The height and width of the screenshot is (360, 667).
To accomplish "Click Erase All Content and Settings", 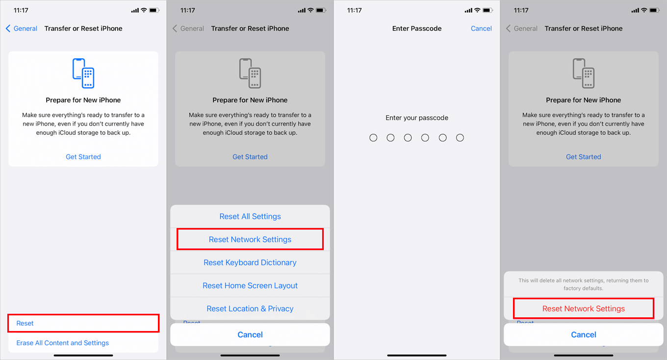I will tap(63, 343).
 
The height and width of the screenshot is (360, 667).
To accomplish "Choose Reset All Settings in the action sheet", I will tap(250, 216).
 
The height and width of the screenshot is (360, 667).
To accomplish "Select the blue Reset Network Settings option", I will tap(250, 239).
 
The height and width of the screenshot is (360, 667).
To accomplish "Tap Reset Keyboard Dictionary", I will tap(250, 262).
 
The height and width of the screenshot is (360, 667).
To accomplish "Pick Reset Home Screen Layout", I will tap(250, 285).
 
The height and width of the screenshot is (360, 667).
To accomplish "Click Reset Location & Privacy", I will tap(250, 309).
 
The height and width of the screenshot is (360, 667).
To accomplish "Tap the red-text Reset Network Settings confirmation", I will tap(584, 309).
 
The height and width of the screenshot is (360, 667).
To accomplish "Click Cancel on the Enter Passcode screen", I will tap(481, 28).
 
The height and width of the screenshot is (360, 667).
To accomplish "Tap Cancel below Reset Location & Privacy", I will tap(250, 334).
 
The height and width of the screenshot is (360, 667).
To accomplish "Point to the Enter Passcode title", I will tap(417, 28).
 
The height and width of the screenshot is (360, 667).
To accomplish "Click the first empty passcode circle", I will tap(373, 138).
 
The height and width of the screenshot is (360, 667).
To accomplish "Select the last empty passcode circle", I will tap(460, 138).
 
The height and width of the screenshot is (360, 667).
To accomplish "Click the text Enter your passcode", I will tap(417, 118).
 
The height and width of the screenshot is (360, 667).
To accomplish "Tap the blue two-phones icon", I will tap(83, 73).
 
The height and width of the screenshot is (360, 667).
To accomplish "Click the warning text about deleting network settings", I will tap(584, 284).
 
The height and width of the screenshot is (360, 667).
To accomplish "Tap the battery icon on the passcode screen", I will tap(487, 10).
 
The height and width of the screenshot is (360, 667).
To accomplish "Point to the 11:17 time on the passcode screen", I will tap(354, 10).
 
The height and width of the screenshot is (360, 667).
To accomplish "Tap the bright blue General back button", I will tap(22, 28).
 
